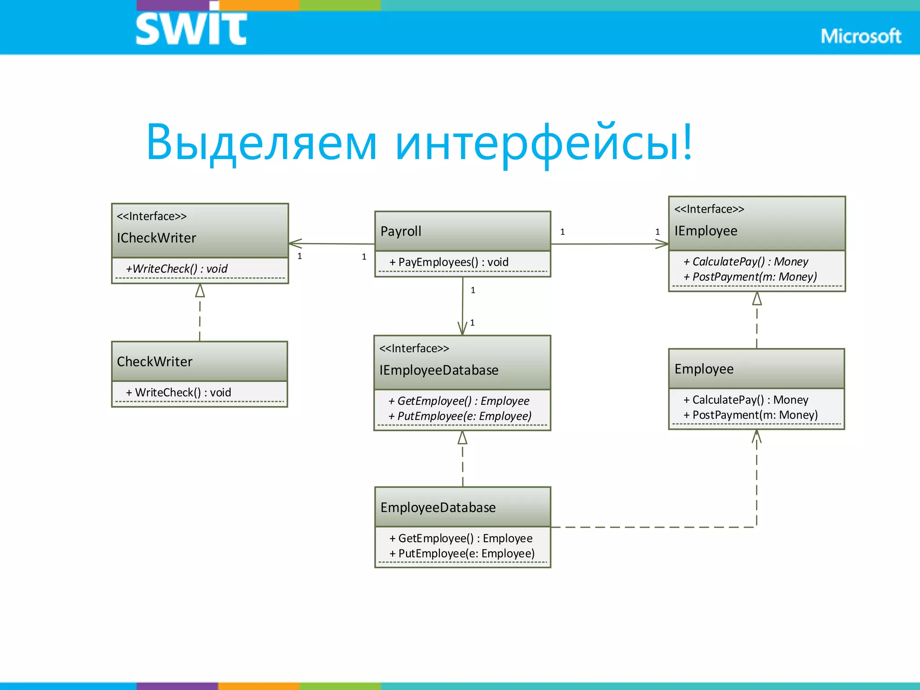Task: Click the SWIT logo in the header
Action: (x=191, y=28)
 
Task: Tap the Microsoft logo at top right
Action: (x=860, y=36)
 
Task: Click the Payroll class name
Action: (x=401, y=231)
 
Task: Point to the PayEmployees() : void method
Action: (x=449, y=262)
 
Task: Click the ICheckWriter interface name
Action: (x=156, y=238)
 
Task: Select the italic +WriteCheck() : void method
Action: (x=177, y=269)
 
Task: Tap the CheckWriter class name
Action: (x=155, y=362)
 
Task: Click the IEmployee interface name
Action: (x=706, y=231)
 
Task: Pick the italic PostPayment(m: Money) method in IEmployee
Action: (x=750, y=277)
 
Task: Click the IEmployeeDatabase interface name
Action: (x=439, y=370)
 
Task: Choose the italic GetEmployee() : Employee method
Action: (x=459, y=401)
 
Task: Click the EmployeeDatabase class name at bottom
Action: (x=438, y=508)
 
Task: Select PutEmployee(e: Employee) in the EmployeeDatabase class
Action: (x=462, y=553)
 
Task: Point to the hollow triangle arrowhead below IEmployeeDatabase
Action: (x=462, y=438)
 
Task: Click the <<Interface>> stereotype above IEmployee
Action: (x=709, y=209)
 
